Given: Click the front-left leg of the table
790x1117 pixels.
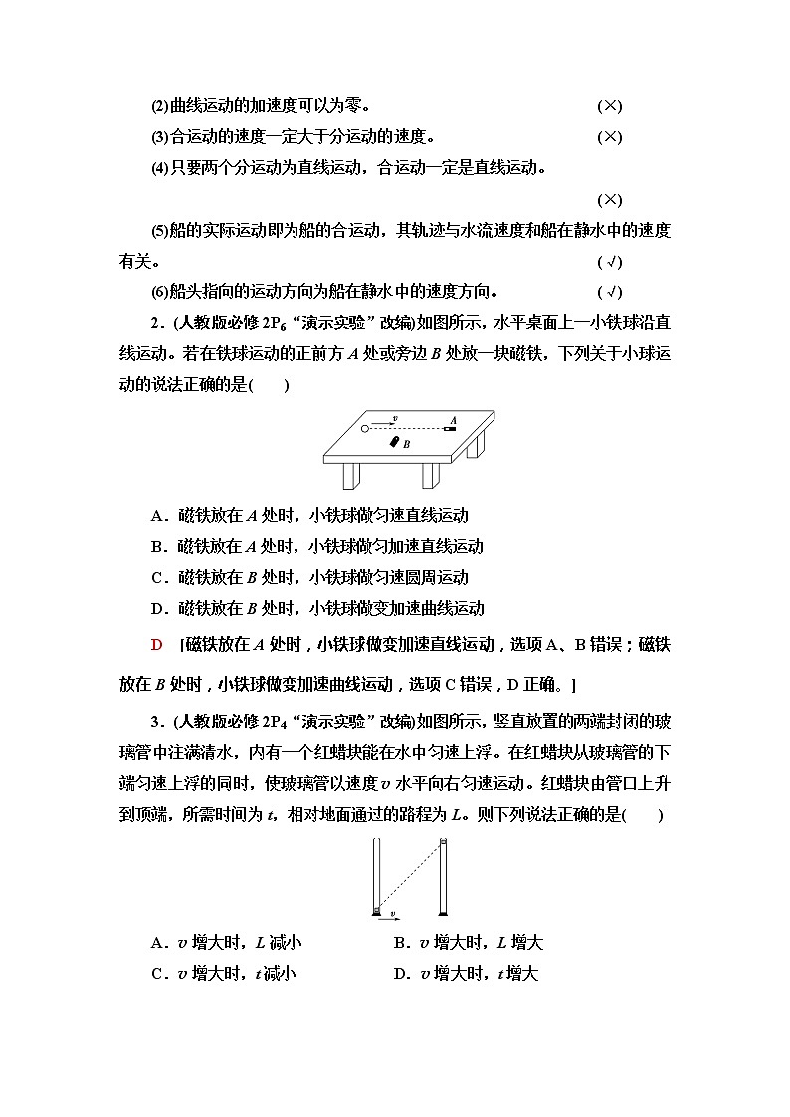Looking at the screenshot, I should tap(350, 475).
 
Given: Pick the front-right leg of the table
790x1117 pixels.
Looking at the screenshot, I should tap(428, 475).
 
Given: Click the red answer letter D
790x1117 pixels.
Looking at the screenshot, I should tap(156, 645).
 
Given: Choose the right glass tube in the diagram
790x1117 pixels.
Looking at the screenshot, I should tap(444, 876).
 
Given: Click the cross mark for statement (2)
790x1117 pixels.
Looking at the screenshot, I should tap(609, 106).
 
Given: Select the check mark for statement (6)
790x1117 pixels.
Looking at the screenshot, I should tap(609, 292).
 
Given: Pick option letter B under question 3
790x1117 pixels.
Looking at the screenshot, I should tap(400, 943).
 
